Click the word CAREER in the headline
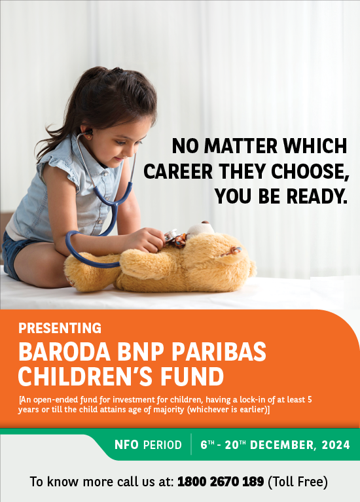point(178,171)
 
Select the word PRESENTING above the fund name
point(60,328)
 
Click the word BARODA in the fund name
point(64,351)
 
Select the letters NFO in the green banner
point(126,444)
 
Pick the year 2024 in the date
point(336,445)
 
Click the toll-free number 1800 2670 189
point(221,481)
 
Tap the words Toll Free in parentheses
point(298,482)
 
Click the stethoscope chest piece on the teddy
point(170,235)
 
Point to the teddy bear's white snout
point(200,228)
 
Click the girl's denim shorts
point(12,253)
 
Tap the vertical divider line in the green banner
point(191,444)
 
